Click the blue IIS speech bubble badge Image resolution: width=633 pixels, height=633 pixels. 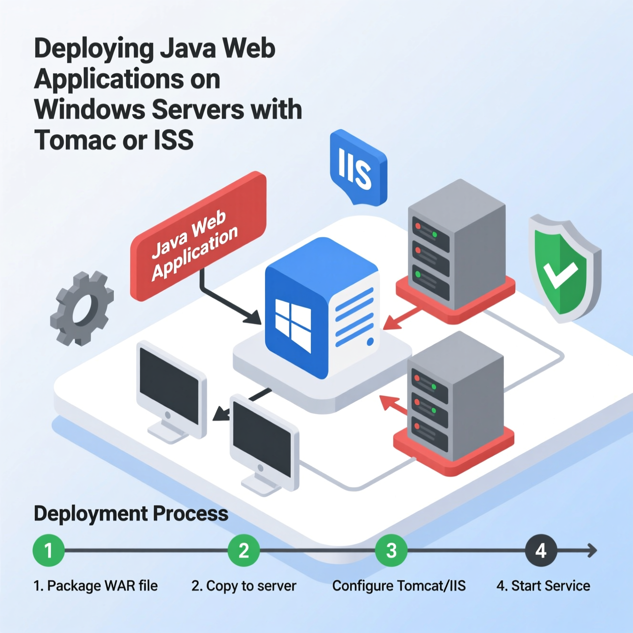357,168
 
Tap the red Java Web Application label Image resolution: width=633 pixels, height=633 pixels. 198,236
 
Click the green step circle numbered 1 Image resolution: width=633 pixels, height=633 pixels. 49,551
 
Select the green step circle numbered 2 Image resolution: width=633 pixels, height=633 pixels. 244,551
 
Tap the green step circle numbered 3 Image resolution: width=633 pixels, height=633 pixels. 391,551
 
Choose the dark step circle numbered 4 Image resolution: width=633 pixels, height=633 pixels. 541,551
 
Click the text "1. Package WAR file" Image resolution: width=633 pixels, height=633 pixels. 95,586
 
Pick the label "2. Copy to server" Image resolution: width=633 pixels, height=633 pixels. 244,586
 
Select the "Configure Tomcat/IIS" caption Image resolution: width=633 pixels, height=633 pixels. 399,586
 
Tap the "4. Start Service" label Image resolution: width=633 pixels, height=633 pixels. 543,586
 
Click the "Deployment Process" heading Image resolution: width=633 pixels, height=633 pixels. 131,514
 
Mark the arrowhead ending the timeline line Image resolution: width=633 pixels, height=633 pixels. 592,551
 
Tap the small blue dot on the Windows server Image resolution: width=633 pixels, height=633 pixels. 370,342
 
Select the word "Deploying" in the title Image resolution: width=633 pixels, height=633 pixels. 93,50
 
